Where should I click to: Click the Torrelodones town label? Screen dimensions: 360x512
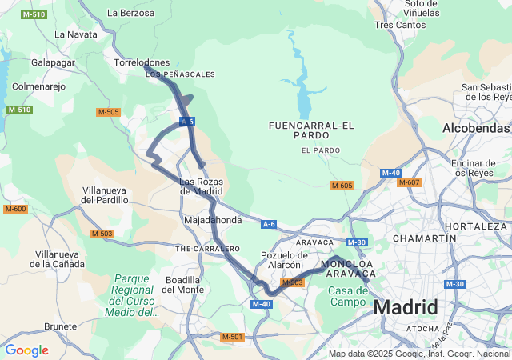tap(142, 62)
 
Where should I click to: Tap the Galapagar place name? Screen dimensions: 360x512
tap(53, 62)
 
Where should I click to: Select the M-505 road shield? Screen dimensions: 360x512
tap(108, 112)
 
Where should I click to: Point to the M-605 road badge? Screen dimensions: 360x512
tap(342, 186)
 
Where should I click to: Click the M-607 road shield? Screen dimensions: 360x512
tap(409, 182)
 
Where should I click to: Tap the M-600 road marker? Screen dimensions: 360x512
tap(15, 209)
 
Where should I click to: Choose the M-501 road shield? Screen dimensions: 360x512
tap(232, 337)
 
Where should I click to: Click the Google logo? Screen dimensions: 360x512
tap(26, 350)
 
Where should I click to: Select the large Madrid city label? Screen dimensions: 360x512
tap(406, 308)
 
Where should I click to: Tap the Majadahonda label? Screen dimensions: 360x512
tap(213, 220)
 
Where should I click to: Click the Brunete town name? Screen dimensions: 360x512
tap(61, 326)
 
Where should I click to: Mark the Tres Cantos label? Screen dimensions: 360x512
tap(400, 25)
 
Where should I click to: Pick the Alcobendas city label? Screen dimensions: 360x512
tap(476, 128)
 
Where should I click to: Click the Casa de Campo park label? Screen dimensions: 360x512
tap(347, 296)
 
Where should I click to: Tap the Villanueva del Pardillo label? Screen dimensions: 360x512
tap(106, 194)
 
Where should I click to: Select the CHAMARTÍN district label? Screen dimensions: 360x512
tap(419, 238)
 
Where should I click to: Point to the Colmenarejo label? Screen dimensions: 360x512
tap(38, 86)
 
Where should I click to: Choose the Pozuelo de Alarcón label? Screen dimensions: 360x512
tap(281, 260)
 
